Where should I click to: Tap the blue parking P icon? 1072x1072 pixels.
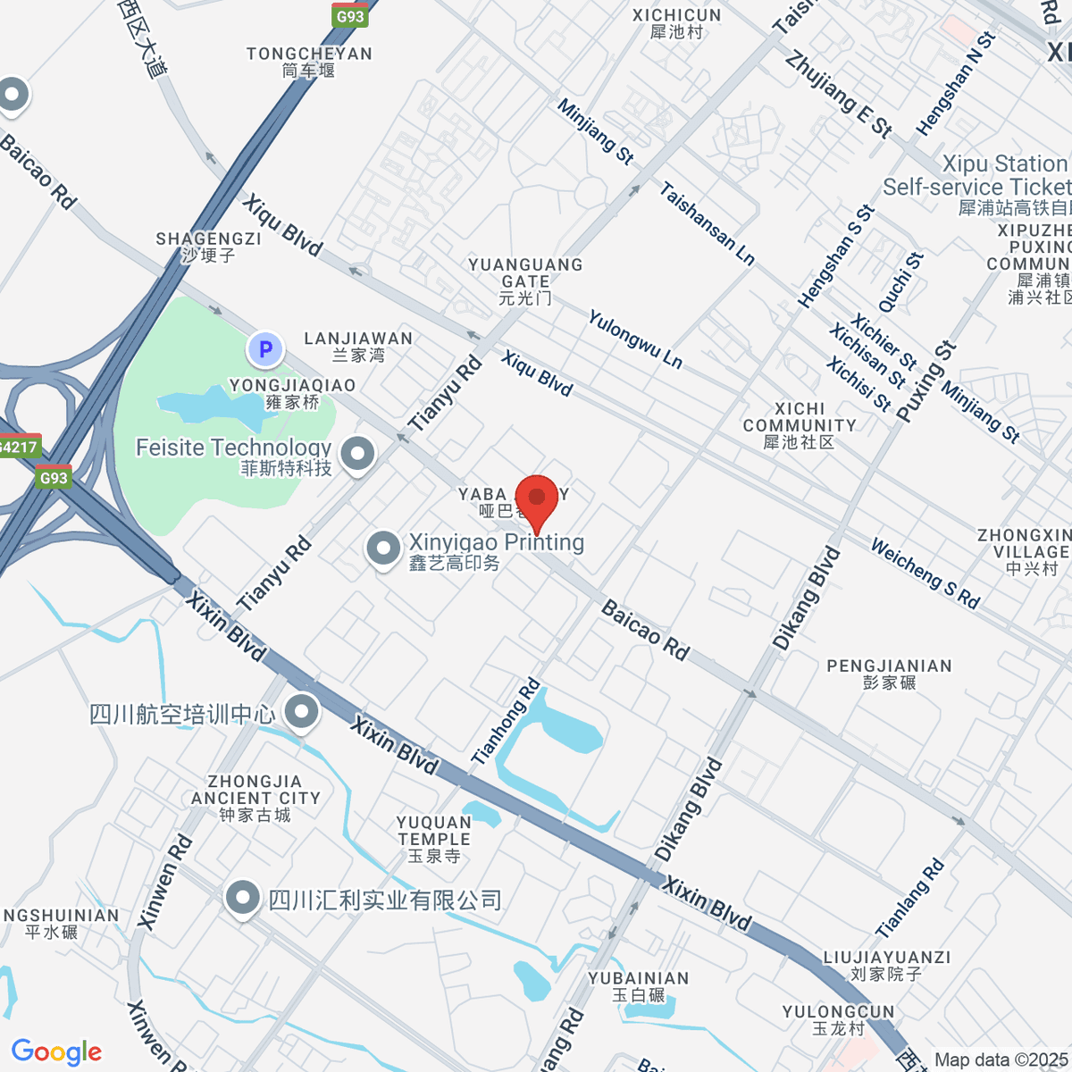[x=264, y=349]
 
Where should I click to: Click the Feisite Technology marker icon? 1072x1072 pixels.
[x=358, y=454]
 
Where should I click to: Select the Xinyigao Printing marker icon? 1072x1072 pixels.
[x=384, y=549]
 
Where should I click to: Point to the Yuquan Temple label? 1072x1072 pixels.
[x=434, y=839]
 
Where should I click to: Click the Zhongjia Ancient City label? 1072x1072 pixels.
[x=255, y=798]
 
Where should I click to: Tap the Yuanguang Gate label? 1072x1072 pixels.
[x=525, y=281]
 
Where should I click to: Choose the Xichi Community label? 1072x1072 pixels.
[x=800, y=425]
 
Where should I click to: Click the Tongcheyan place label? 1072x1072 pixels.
[x=309, y=62]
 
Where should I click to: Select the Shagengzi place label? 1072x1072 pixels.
[x=208, y=247]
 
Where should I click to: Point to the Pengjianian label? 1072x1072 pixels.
[x=889, y=674]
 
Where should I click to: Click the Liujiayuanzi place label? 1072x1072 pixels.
[x=886, y=965]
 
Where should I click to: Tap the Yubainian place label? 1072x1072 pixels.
[x=639, y=986]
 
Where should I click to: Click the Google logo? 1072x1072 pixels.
[x=56, y=1052]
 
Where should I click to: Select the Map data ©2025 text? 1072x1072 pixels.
[x=1001, y=1059]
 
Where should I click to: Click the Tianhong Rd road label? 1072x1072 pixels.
[x=507, y=722]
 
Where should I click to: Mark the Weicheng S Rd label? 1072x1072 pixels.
[x=925, y=574]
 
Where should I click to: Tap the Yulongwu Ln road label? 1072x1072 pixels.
[x=635, y=339]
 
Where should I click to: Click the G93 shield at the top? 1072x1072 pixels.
[x=349, y=16]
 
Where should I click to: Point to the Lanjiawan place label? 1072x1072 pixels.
[x=358, y=347]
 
